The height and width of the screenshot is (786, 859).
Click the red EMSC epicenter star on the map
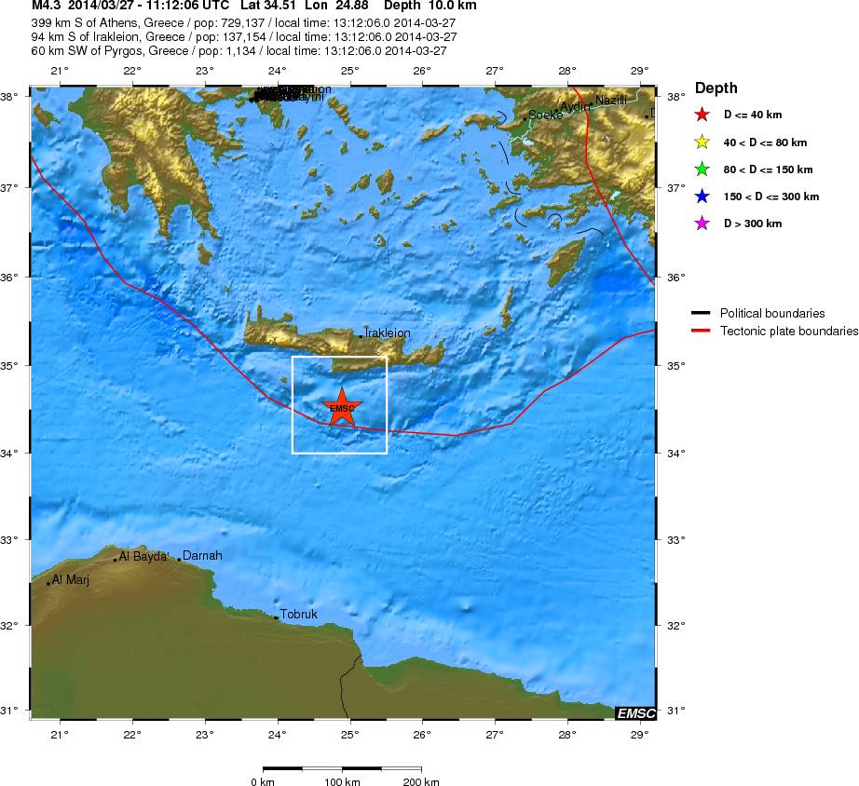point(342,407)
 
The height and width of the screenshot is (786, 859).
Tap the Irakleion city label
point(387,332)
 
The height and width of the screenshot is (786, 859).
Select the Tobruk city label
point(299,615)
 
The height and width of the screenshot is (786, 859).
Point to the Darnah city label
point(202,556)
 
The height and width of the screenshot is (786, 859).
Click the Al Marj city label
point(70,579)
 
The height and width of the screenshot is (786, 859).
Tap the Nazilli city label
point(611,101)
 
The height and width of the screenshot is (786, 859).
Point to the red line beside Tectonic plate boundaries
point(702,331)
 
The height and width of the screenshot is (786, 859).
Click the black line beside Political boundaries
point(702,313)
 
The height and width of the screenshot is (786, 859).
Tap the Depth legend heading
point(716,88)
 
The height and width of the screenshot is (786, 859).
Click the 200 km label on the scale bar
point(422,782)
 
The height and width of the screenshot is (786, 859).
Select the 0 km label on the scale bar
point(262,782)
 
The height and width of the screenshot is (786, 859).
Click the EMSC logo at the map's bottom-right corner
point(635,713)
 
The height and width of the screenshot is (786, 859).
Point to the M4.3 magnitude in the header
point(47,6)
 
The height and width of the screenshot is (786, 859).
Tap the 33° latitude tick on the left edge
point(14,539)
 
